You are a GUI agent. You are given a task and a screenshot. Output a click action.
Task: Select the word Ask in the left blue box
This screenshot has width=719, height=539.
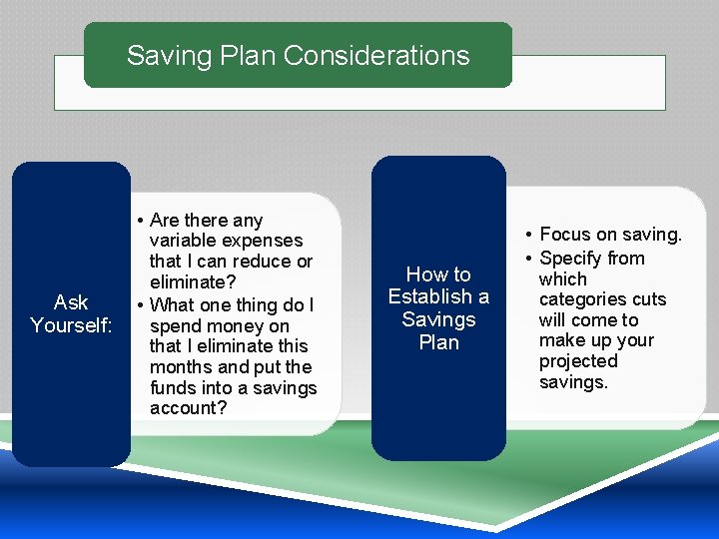(x=71, y=302)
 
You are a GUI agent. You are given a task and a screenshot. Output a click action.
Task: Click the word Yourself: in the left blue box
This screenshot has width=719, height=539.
(x=71, y=325)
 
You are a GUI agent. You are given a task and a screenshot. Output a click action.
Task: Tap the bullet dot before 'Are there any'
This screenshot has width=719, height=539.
(x=143, y=221)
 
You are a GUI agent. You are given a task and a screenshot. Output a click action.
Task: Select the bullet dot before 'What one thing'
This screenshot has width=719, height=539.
(x=143, y=304)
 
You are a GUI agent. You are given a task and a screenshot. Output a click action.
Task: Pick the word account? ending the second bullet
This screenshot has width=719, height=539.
(x=188, y=408)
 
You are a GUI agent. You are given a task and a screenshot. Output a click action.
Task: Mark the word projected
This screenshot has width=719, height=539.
(x=578, y=361)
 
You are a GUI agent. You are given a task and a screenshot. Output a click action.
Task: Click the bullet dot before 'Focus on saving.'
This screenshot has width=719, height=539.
(x=528, y=236)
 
